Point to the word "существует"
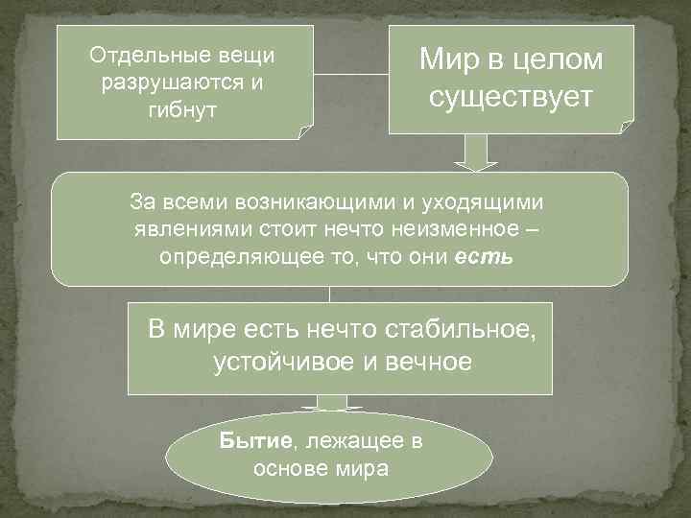(x=512, y=98)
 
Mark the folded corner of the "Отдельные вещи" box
(x=304, y=131)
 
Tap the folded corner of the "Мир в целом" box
(x=626, y=126)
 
